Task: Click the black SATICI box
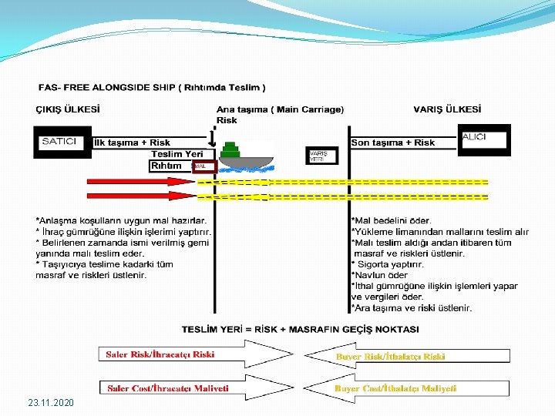(x=59, y=142)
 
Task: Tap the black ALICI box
(x=484, y=139)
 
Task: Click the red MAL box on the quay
(x=200, y=166)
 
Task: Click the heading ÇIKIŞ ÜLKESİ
(x=69, y=109)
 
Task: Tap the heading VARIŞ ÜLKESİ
(x=447, y=109)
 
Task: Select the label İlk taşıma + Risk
(x=132, y=143)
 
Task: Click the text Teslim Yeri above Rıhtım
(x=177, y=154)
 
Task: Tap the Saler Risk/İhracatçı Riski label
(x=160, y=355)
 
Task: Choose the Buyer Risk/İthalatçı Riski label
(x=390, y=357)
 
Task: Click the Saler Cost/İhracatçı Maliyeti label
(x=167, y=388)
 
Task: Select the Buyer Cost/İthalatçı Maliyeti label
(x=395, y=388)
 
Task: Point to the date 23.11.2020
(x=51, y=403)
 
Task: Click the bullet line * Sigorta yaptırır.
(x=388, y=264)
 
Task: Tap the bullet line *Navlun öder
(x=380, y=275)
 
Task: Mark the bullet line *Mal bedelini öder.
(x=392, y=221)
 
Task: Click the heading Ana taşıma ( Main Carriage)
(x=280, y=109)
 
